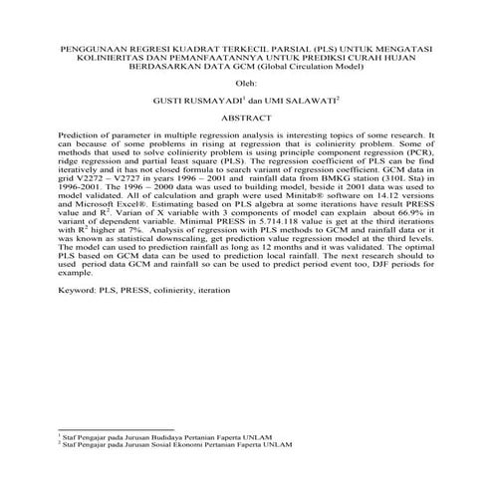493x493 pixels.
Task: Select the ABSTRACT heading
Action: point(245,118)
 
